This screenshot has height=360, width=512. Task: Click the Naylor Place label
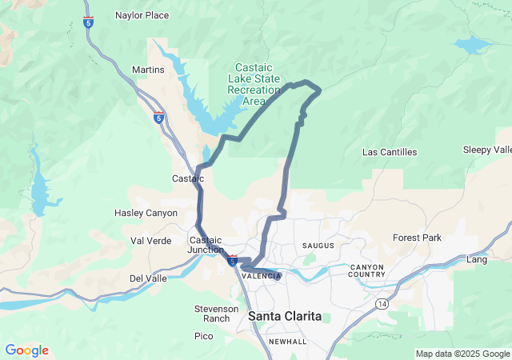[142, 15]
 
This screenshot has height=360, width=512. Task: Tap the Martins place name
[148, 70]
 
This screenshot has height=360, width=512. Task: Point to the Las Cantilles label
[390, 152]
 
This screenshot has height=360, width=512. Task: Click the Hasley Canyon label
[146, 213]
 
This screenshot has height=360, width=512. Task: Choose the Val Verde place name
[151, 241]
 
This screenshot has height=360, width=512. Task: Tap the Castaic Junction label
[206, 245]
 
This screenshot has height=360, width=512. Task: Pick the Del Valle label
[148, 278]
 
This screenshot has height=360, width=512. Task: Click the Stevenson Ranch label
[216, 314]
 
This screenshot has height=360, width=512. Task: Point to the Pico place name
[203, 337]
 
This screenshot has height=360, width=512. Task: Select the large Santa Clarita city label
[285, 317]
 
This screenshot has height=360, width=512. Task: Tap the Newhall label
[287, 342]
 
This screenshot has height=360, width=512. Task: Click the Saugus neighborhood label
[318, 245]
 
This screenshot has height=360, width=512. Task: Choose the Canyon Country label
[366, 270]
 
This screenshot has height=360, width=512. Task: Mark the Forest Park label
[417, 238]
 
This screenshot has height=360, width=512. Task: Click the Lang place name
[477, 260]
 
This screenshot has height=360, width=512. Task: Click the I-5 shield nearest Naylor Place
[88, 22]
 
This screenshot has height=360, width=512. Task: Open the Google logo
[26, 350]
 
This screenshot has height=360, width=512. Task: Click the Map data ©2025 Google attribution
[462, 354]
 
